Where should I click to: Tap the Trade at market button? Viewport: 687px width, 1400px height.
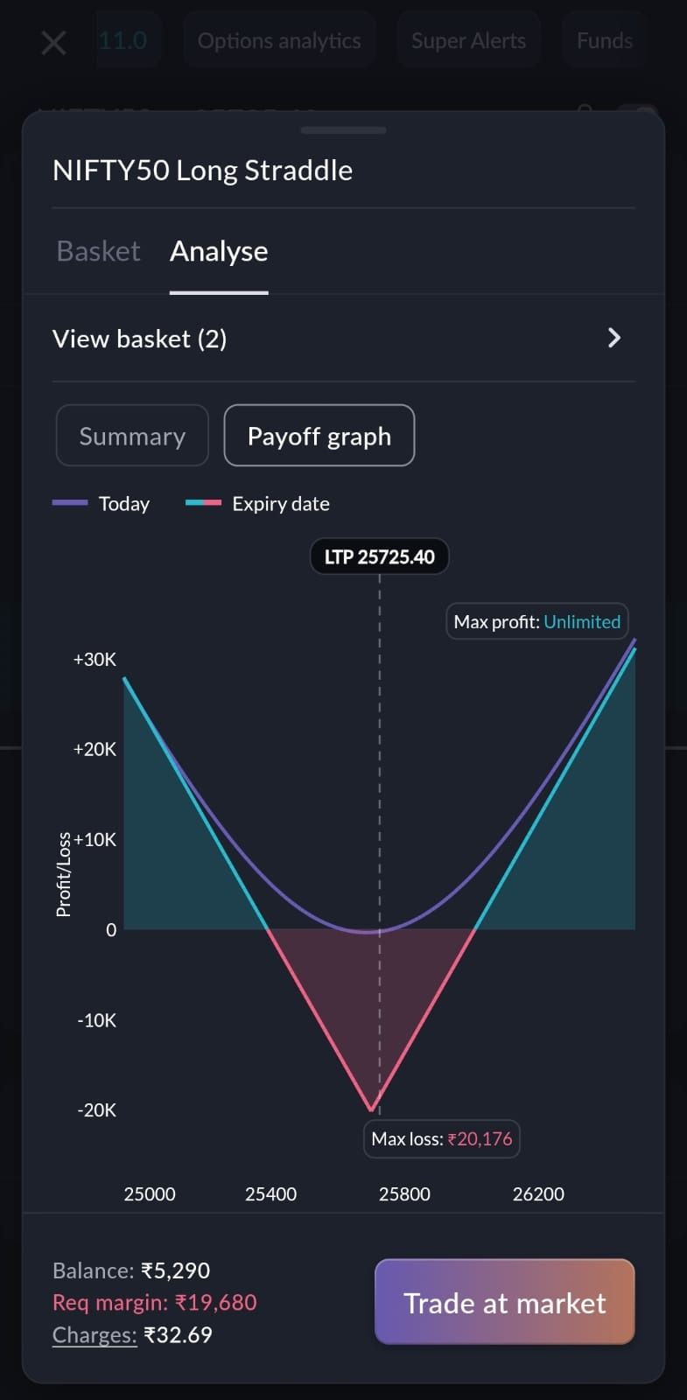coord(504,1302)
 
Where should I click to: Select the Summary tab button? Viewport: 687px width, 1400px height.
coord(132,436)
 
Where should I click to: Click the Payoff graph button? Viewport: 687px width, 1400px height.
coord(319,436)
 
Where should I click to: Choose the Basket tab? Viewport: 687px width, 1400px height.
coord(98,251)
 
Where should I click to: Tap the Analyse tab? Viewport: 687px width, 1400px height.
coord(219,251)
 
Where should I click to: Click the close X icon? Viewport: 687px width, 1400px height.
coord(53,41)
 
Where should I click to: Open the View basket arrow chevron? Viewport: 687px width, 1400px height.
coord(614,338)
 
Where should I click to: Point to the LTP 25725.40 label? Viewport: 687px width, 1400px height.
coord(379,556)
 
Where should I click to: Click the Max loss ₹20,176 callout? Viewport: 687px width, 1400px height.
coord(441,1138)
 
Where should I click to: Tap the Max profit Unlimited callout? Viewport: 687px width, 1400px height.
coord(536,621)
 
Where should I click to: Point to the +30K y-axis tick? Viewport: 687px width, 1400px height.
coord(95,659)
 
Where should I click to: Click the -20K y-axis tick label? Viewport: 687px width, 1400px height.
coord(96,1109)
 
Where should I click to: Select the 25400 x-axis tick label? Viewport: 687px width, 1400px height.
coord(270,1193)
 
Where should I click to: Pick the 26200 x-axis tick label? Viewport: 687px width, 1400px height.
coord(538,1193)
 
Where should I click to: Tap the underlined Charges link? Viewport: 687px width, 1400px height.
coord(95,1334)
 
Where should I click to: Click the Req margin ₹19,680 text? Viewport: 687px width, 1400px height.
coord(155,1302)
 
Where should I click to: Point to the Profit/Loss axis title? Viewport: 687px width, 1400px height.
coord(63,875)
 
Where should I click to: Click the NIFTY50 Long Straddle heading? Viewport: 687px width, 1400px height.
coord(202,170)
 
